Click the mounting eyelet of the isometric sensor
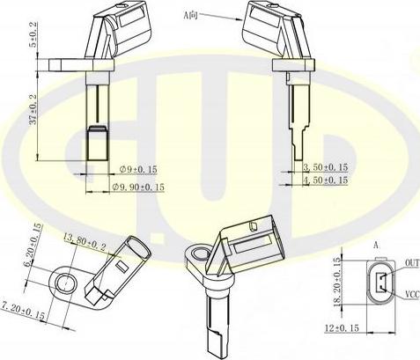pyautogui.click(x=195, y=256)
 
